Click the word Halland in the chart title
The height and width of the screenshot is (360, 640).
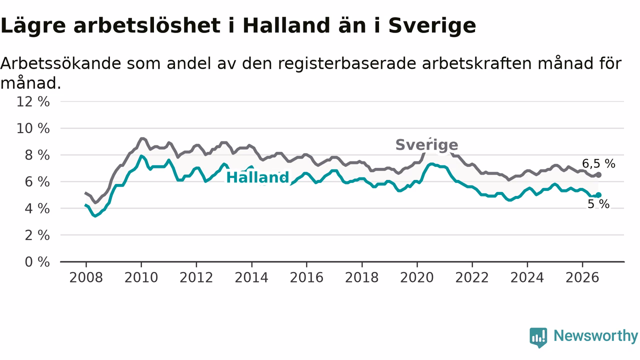(286, 25)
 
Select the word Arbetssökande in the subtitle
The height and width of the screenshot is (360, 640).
(60, 63)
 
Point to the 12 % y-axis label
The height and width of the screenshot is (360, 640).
(33, 101)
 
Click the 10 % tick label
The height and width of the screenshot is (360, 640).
(33, 128)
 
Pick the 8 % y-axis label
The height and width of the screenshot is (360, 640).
(37, 155)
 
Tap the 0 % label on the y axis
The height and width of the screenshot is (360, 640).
(37, 262)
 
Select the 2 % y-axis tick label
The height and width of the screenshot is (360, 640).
(37, 235)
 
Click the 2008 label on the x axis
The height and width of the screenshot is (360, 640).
(86, 277)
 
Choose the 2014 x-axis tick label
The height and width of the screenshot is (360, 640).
(251, 277)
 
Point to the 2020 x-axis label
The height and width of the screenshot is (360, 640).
(417, 277)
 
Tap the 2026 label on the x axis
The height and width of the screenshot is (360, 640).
(582, 277)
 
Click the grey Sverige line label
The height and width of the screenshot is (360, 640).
(427, 145)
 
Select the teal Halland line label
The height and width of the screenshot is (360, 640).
(257, 177)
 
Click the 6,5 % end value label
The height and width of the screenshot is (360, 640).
(599, 163)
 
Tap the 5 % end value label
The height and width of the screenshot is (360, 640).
(598, 204)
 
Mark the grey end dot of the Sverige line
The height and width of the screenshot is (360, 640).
(598, 175)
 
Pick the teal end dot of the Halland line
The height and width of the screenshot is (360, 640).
(598, 195)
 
